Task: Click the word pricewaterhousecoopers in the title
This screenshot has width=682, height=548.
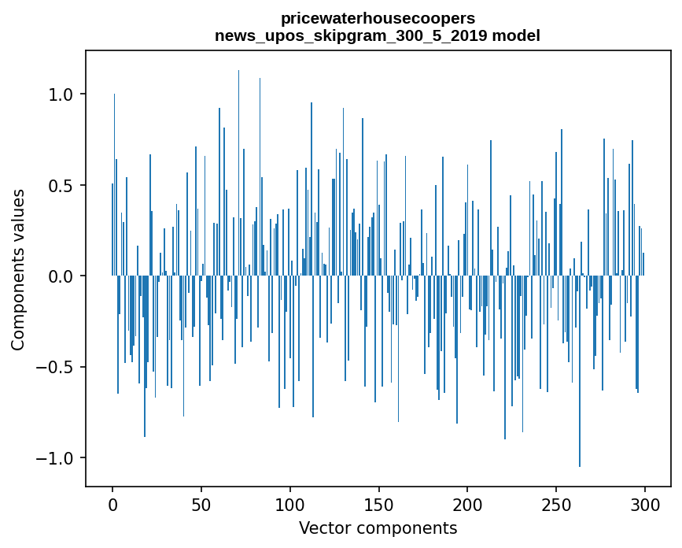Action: point(378,18)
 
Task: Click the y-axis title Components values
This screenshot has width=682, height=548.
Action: point(18,269)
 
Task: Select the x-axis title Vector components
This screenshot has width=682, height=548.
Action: point(378,528)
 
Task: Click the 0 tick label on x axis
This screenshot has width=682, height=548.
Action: point(112,504)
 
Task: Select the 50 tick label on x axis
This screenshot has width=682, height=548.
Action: point(201,504)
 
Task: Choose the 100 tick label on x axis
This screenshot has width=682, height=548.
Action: point(290,504)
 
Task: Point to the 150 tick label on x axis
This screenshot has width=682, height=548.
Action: point(378,504)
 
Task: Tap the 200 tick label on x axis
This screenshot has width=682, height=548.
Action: point(467,504)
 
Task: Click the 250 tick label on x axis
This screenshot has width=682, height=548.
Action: point(556,504)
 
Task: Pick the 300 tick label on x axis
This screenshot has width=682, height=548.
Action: point(645,504)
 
